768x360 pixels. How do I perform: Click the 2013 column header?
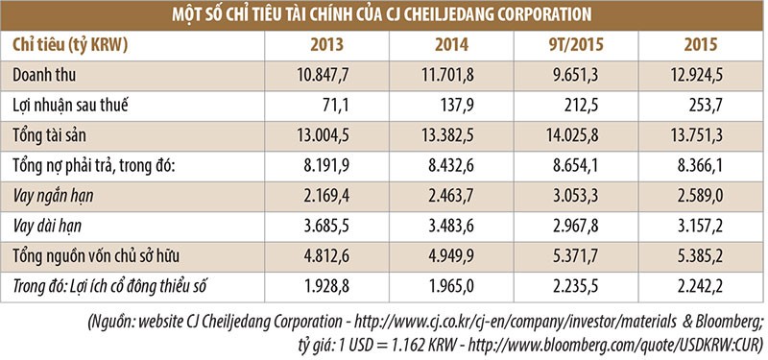[327, 44]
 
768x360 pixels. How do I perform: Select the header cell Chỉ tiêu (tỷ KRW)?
[71, 44]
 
